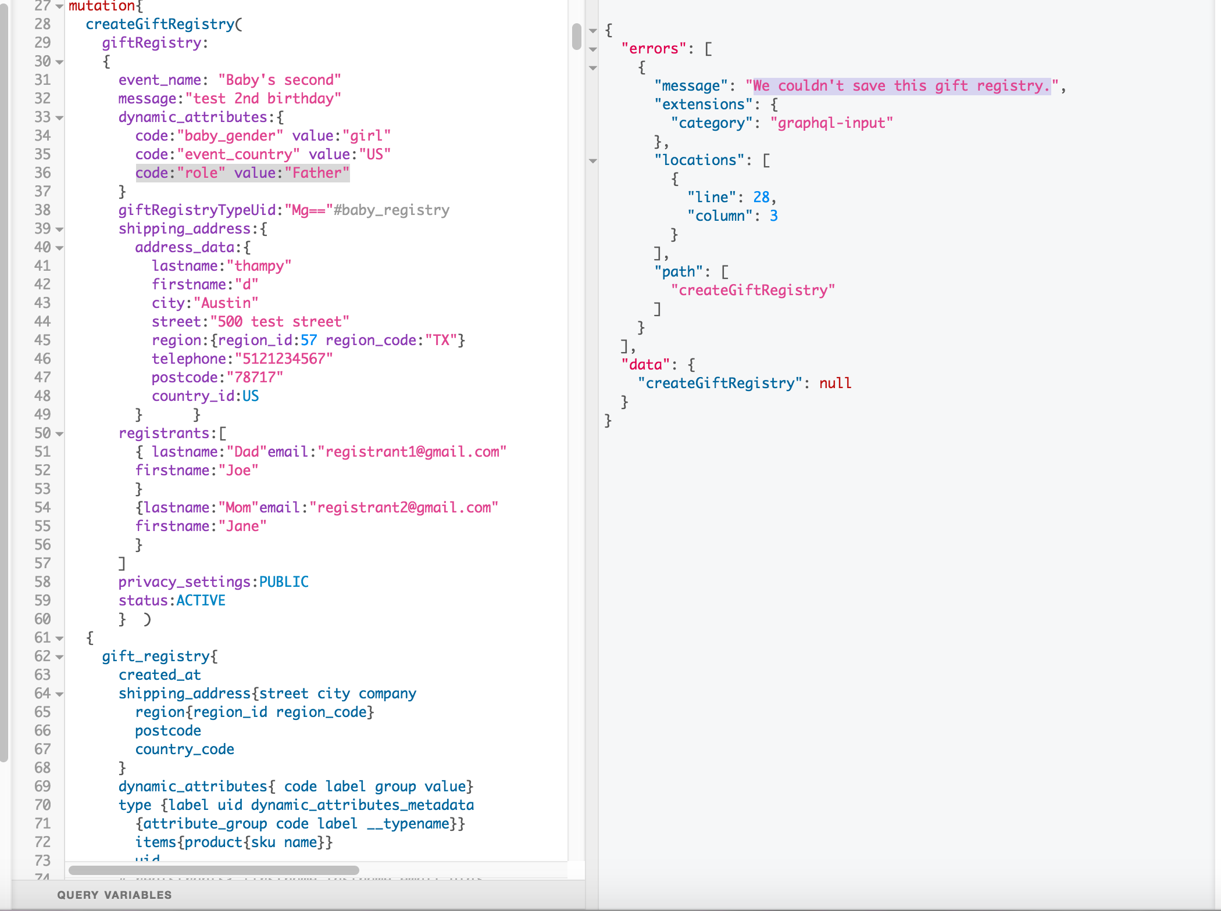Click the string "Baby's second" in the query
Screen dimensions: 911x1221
click(280, 80)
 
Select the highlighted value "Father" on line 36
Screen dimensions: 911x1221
click(317, 173)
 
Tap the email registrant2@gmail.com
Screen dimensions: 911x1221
click(404, 507)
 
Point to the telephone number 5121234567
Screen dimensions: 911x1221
click(284, 358)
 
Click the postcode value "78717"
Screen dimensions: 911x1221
click(255, 377)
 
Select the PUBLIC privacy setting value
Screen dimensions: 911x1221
click(284, 582)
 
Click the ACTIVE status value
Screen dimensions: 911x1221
click(201, 600)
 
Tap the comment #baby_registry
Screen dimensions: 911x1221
click(391, 210)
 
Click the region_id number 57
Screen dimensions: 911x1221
click(309, 340)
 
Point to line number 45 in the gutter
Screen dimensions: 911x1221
click(42, 340)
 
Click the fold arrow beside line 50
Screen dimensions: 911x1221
click(59, 434)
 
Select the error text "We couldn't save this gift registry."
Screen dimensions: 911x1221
click(902, 85)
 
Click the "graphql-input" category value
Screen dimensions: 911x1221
click(831, 123)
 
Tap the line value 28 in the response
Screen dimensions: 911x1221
click(761, 197)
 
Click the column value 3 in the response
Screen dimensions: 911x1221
click(774, 216)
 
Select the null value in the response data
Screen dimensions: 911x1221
click(835, 383)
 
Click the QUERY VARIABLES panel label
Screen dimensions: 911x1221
click(114, 895)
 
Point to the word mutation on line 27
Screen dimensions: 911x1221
click(102, 6)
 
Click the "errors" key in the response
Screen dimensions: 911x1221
click(654, 48)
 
